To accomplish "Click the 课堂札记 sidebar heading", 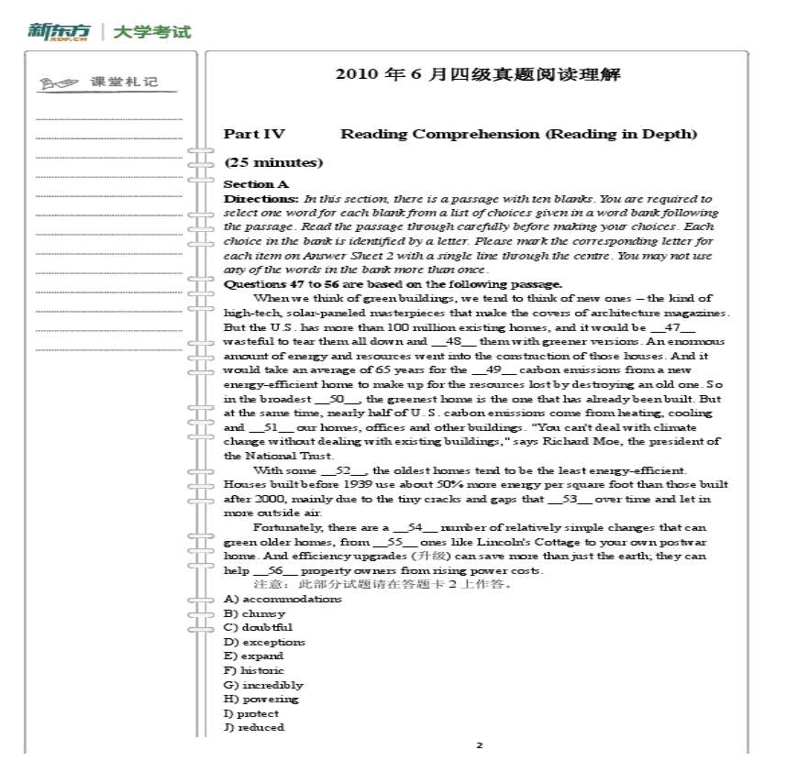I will [124, 83].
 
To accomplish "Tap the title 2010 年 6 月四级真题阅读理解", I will [478, 74].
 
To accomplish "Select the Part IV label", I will [254, 135].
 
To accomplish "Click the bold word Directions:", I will [261, 198].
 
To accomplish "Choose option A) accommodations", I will [283, 599].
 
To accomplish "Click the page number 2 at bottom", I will [478, 745].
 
